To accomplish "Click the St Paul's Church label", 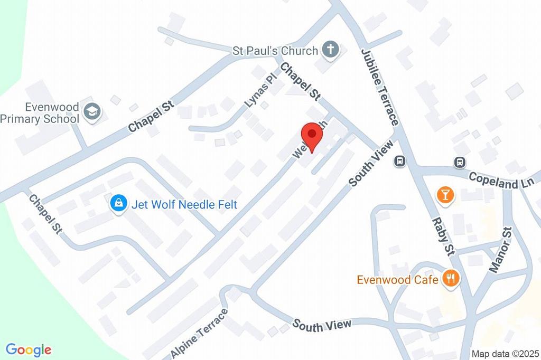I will (x=275, y=51).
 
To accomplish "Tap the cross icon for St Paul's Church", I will (x=331, y=51).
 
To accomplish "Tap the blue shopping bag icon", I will (x=118, y=203).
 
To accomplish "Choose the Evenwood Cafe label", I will (x=397, y=279).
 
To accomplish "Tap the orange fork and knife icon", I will (x=451, y=278).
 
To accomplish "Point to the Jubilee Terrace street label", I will (x=379, y=87).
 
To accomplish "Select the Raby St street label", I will (x=444, y=236).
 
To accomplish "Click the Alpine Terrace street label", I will (x=200, y=332).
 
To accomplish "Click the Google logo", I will (x=29, y=349).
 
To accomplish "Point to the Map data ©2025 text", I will (x=504, y=354).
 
